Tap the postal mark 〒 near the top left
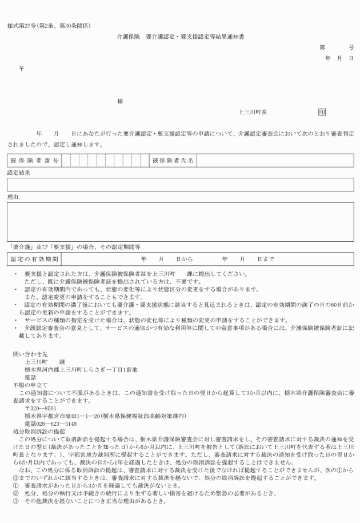(22, 67)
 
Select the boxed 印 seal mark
(322, 113)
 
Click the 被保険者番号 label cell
(34, 160)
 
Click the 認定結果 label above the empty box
(18, 172)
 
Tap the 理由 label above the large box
(13, 196)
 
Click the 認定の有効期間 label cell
(34, 259)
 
